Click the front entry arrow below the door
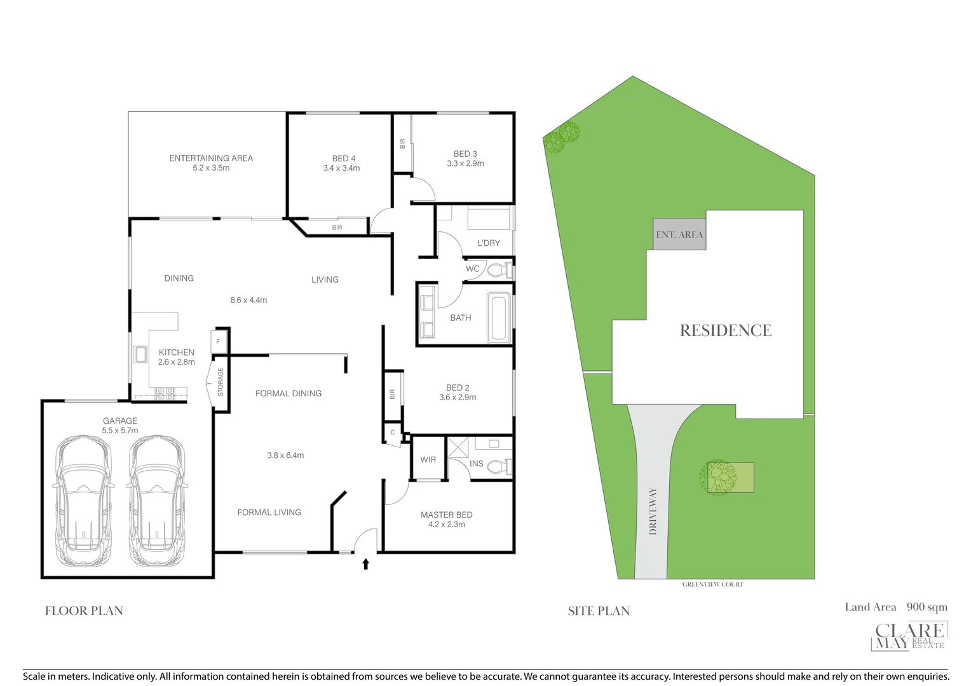(365, 563)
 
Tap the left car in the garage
(84, 501)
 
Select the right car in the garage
(157, 501)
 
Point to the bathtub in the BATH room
(499, 317)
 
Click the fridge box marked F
(218, 342)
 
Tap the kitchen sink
(140, 354)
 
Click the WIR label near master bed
(428, 460)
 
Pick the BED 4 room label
(343, 159)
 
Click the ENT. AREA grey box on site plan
(679, 234)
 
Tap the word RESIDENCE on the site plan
(725, 330)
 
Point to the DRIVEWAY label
(653, 511)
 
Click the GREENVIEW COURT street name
(712, 584)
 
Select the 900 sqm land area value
(927, 607)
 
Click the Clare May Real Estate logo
(909, 636)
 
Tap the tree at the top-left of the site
(562, 137)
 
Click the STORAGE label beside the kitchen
(221, 382)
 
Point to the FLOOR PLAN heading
(84, 611)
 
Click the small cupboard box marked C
(393, 433)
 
